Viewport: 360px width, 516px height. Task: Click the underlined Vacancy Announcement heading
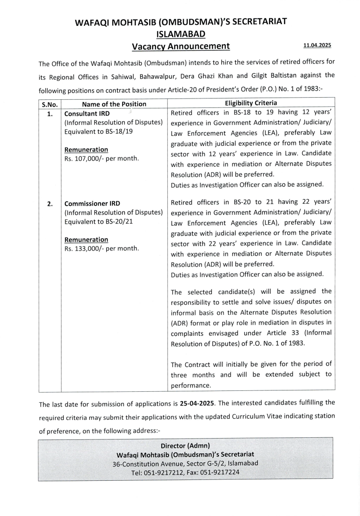coord(181,46)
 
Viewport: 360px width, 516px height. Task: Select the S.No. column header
coord(50,104)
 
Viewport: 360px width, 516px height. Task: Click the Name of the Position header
coord(114,104)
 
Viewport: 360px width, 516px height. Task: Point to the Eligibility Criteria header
coord(251,103)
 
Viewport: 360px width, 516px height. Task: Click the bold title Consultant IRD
coord(87,114)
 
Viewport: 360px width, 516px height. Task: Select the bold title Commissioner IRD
coord(92,203)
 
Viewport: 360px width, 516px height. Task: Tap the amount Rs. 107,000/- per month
coord(102,158)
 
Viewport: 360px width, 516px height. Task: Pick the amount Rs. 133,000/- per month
coord(102,248)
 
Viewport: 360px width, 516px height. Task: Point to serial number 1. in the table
coord(50,114)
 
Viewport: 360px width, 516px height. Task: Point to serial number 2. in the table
coord(50,203)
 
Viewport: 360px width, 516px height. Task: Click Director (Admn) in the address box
coord(185,445)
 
